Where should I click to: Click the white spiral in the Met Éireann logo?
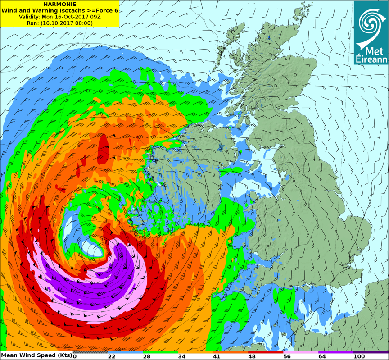coord(371,23)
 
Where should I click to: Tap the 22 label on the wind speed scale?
coord(112,356)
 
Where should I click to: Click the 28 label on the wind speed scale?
coord(147,356)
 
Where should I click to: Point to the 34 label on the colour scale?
coord(182,356)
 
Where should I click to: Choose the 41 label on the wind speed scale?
coord(217,356)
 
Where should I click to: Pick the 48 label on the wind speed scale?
coord(252,356)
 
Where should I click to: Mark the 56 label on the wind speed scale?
coord(287,356)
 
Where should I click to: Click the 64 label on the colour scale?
coord(322,356)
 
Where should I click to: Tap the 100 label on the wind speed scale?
coord(359,356)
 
